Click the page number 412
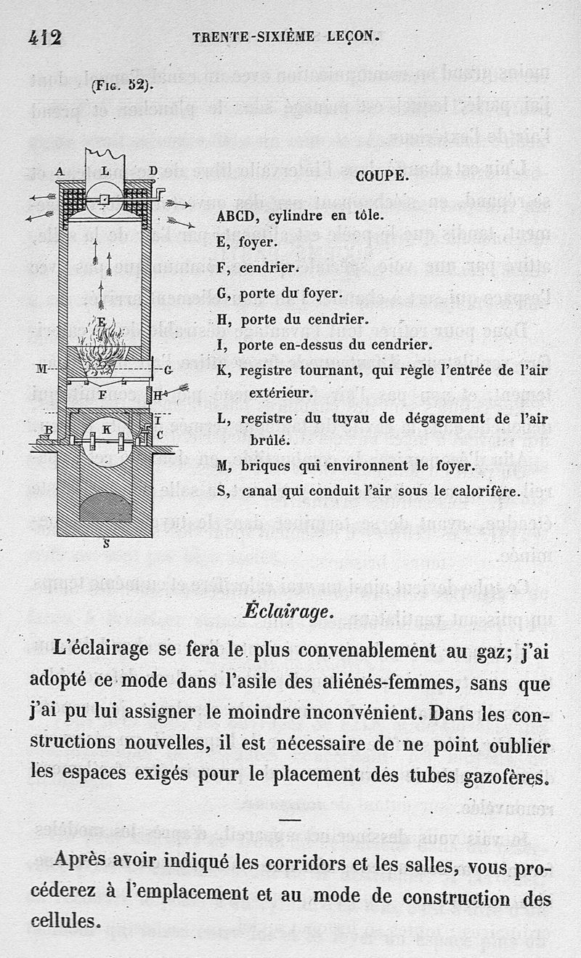(45, 37)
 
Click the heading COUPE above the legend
(382, 175)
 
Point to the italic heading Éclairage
(288, 612)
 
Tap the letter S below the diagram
(106, 541)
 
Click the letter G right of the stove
(168, 370)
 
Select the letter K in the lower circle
(107, 429)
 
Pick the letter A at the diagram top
(59, 171)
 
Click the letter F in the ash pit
(103, 395)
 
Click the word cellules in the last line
(65, 921)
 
